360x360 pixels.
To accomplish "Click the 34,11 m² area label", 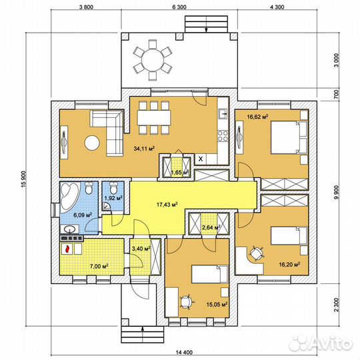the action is [x=144, y=149].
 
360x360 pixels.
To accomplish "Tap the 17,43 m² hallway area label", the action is [x=167, y=204].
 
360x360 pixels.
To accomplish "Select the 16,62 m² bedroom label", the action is [x=257, y=117].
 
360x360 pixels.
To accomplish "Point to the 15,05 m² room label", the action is [x=217, y=305].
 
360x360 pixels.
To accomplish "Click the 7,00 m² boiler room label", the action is [x=99, y=266].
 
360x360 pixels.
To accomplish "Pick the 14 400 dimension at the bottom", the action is [x=185, y=353].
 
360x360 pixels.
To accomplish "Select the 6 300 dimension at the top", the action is [x=179, y=7].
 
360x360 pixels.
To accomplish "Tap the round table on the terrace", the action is [x=153, y=60].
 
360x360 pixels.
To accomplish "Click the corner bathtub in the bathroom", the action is [x=69, y=195].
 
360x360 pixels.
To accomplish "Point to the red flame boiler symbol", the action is [x=67, y=249].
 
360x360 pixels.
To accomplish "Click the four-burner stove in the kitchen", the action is [x=223, y=135].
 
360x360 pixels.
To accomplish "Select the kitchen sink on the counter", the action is [x=223, y=114].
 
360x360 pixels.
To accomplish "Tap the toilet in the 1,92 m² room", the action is [x=113, y=188].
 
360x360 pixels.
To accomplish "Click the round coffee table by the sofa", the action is [x=92, y=143].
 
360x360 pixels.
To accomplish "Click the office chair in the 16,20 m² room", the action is [x=256, y=253].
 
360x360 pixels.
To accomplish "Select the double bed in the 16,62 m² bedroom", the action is [x=289, y=137].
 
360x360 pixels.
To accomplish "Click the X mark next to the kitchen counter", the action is [x=201, y=159].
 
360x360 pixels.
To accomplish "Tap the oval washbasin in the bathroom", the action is [x=70, y=229].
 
